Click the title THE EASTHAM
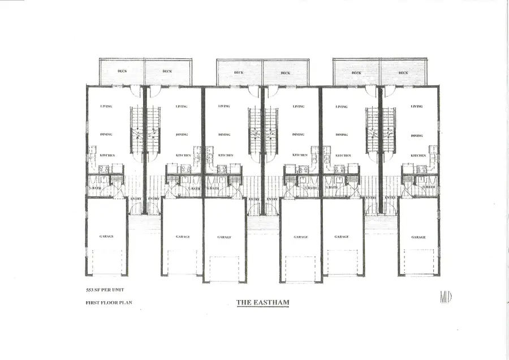click(262, 303)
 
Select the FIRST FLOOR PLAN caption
click(105, 303)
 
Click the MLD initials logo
click(445, 296)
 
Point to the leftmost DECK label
click(122, 71)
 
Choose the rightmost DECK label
click(403, 72)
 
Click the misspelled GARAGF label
click(224, 237)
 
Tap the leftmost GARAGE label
click(106, 237)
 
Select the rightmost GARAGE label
click(419, 237)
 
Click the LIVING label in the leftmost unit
click(106, 106)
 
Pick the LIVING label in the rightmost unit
click(417, 106)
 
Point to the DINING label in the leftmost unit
click(106, 135)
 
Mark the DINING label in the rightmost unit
click(417, 135)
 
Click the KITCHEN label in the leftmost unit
click(107, 155)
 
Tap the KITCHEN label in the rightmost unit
click(419, 155)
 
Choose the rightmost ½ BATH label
click(429, 187)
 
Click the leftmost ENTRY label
click(136, 199)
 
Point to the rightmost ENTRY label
click(389, 199)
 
